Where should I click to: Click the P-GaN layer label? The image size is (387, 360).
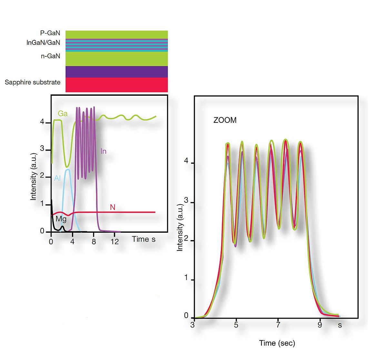click(x=50, y=33)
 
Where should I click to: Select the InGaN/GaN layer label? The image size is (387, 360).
click(x=43, y=43)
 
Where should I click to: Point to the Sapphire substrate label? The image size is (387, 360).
click(x=33, y=82)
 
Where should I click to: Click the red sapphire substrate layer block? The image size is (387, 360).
click(x=116, y=85)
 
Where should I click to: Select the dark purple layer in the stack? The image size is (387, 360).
click(x=116, y=72)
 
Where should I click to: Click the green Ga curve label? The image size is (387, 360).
click(x=63, y=114)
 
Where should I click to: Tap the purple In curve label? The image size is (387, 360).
click(x=103, y=151)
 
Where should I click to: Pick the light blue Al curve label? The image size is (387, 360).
click(x=57, y=178)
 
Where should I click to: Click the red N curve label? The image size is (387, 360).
click(x=113, y=207)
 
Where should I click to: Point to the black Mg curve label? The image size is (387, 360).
click(x=61, y=219)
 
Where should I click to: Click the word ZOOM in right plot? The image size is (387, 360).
click(x=225, y=120)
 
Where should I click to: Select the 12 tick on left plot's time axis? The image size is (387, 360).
click(x=114, y=241)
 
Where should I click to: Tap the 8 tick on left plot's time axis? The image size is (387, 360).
click(x=94, y=241)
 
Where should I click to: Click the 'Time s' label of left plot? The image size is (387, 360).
click(x=144, y=239)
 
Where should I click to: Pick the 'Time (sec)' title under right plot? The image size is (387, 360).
click(x=277, y=343)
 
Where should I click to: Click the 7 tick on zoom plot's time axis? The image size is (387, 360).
click(x=278, y=325)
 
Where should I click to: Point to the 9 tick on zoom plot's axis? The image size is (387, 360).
click(x=320, y=325)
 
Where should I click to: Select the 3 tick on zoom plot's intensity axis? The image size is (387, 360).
click(x=186, y=201)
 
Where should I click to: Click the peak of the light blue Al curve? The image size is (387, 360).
click(x=68, y=170)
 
